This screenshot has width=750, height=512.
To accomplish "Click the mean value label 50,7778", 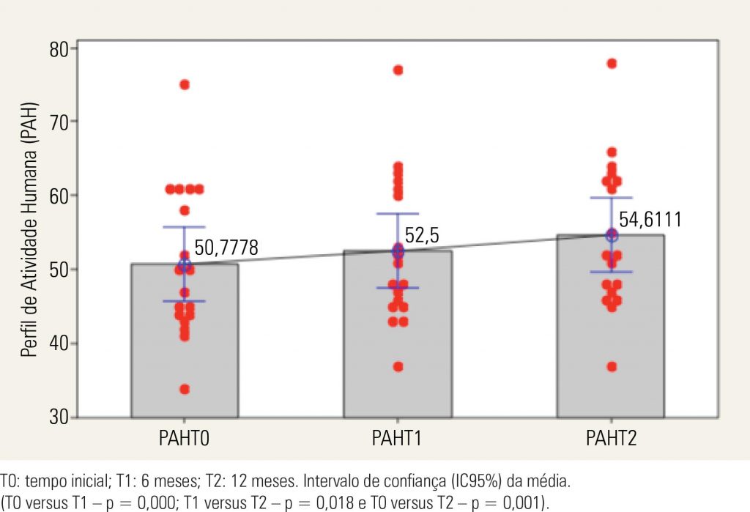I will pos(226,248).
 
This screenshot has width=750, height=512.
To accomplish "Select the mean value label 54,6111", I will pos(650,220).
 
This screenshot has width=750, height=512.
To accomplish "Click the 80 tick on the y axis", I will pos(59,49).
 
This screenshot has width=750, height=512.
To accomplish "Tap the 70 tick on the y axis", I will pos(59,122).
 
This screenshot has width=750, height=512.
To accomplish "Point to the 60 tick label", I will pos(59,196).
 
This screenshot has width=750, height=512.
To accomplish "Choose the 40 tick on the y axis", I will pos(59,344).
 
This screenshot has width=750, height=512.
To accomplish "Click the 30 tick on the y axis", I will pos(59,418).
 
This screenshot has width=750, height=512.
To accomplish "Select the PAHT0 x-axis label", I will pos(185,439).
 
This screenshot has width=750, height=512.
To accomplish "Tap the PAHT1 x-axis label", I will pos(398,439).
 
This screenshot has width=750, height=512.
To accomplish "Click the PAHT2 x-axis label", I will pos(611,439).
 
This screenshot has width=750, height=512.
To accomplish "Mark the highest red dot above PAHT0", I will pos(185,85).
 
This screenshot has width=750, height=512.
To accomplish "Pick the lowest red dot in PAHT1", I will pos(398,366).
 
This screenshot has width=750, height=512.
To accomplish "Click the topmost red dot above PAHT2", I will pos(612,64).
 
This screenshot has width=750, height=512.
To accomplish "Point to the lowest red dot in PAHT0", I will pos(185,389).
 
